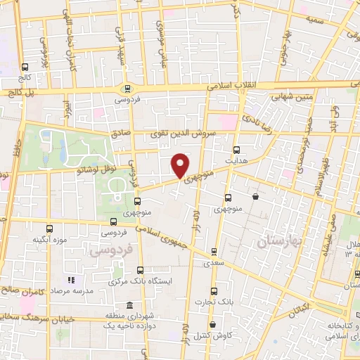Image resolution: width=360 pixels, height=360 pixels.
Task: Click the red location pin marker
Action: click(180, 165)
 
